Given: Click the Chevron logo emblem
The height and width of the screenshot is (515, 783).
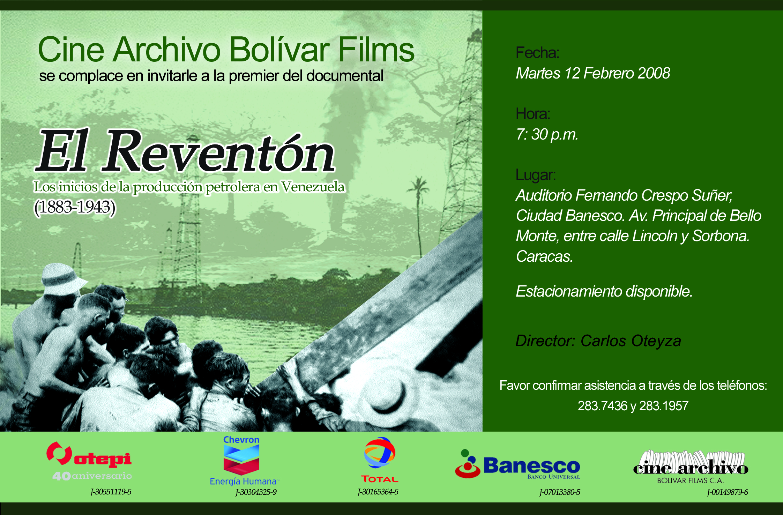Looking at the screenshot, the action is [241, 460].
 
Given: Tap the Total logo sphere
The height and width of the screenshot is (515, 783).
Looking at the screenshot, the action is [380, 453].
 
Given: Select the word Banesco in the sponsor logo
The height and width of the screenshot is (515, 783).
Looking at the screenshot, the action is [532, 466].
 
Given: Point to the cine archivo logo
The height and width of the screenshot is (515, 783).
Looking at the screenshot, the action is [691, 467].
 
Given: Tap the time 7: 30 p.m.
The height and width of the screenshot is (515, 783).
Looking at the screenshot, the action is [547, 135].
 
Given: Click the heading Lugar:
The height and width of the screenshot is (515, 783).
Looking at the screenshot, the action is [536, 175].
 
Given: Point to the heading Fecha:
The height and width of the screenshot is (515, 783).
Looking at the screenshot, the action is [537, 53].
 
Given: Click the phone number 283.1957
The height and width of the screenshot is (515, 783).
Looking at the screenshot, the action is [664, 406].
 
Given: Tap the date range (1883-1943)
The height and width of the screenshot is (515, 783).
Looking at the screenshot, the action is [75, 207].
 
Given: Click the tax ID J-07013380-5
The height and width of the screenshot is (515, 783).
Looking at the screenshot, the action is [560, 492].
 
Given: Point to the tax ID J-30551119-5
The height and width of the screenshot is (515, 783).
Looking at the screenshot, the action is [111, 492].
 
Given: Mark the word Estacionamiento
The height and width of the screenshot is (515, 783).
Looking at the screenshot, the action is [569, 291].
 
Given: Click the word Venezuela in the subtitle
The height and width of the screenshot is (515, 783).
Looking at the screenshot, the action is [313, 187].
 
